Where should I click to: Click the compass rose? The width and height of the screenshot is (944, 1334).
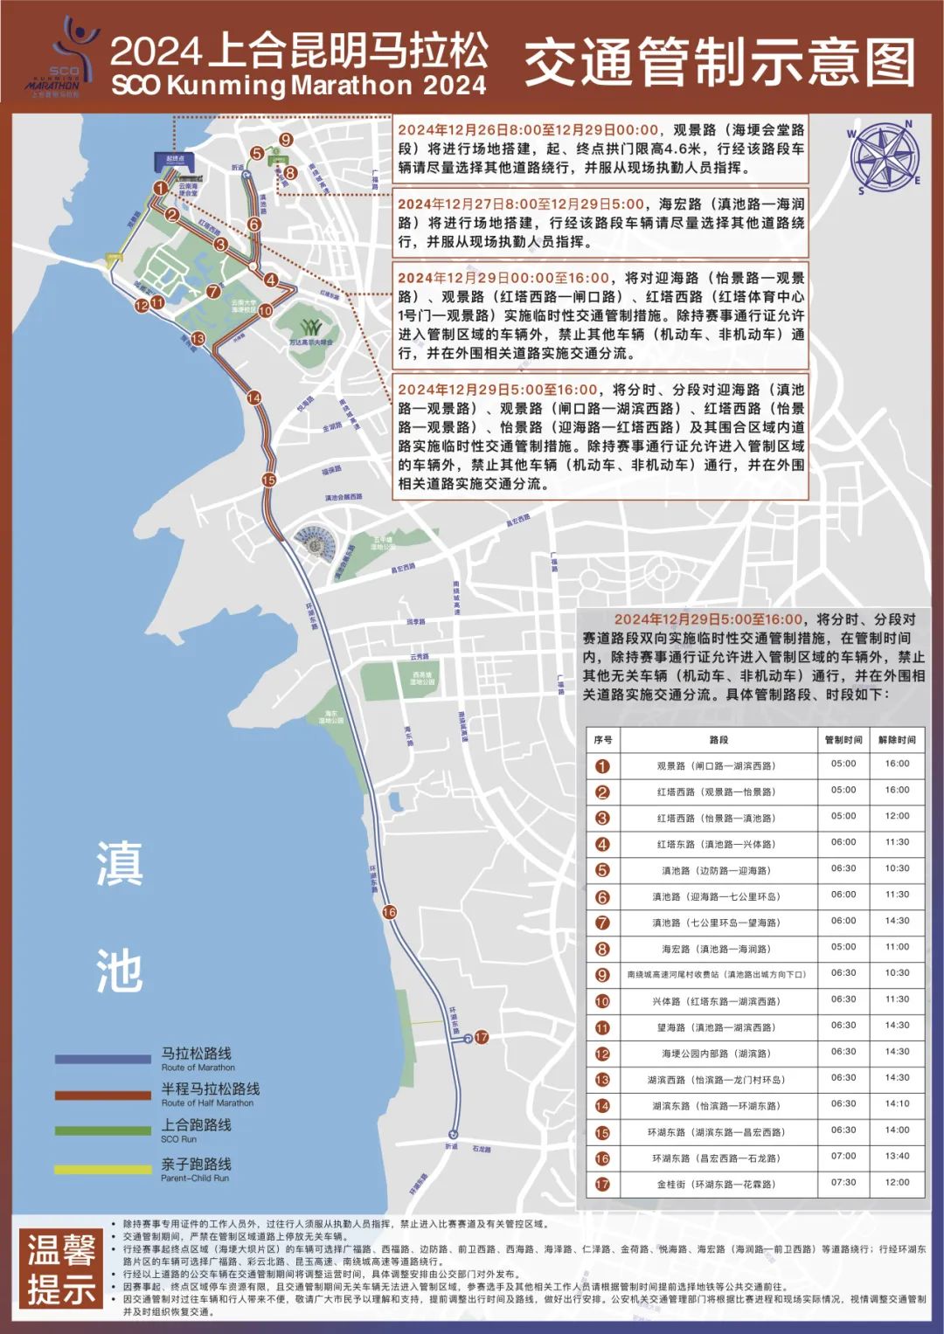click(x=885, y=158)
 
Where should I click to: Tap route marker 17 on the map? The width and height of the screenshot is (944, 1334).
click(x=481, y=1037)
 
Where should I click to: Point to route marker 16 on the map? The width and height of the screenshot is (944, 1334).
click(x=389, y=912)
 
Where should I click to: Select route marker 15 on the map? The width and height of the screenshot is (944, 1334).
click(x=268, y=480)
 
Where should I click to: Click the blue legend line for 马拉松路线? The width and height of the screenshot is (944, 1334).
click(x=102, y=1059)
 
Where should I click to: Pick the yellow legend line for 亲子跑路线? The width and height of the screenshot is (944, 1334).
click(x=102, y=1169)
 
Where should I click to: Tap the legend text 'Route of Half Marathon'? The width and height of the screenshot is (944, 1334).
click(x=207, y=1102)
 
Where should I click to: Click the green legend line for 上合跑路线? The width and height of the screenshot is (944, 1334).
click(x=102, y=1130)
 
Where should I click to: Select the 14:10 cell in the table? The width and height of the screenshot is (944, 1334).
click(x=897, y=1104)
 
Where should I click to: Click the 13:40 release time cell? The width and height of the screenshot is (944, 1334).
click(x=897, y=1157)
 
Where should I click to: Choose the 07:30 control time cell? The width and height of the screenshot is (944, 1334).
click(x=843, y=1183)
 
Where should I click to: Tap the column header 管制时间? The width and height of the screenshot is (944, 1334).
click(x=843, y=740)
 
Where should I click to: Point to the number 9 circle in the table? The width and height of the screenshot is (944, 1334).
click(x=602, y=975)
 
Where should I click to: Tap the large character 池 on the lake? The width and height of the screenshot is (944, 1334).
click(x=119, y=971)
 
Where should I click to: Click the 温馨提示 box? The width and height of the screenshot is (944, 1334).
click(x=61, y=1269)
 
